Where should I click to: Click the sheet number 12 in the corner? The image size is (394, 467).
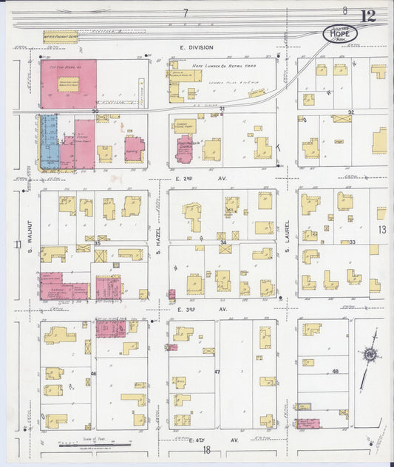(x=367, y=16)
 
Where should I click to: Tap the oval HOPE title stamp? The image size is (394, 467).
(x=340, y=33)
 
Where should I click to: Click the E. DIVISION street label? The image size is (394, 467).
(x=196, y=48)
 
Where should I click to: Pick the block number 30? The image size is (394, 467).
(x=95, y=112)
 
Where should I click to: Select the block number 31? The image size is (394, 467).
(x=222, y=109)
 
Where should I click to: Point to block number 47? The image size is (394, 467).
(x=217, y=372)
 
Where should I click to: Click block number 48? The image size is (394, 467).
(x=335, y=371)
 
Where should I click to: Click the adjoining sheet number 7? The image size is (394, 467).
(x=186, y=13)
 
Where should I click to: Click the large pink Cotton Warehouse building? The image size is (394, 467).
(x=69, y=83)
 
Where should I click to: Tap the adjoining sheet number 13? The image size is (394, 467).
(x=382, y=230)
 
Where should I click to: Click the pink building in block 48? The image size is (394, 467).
(x=308, y=423)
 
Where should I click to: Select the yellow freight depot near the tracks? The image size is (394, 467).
(x=60, y=35)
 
